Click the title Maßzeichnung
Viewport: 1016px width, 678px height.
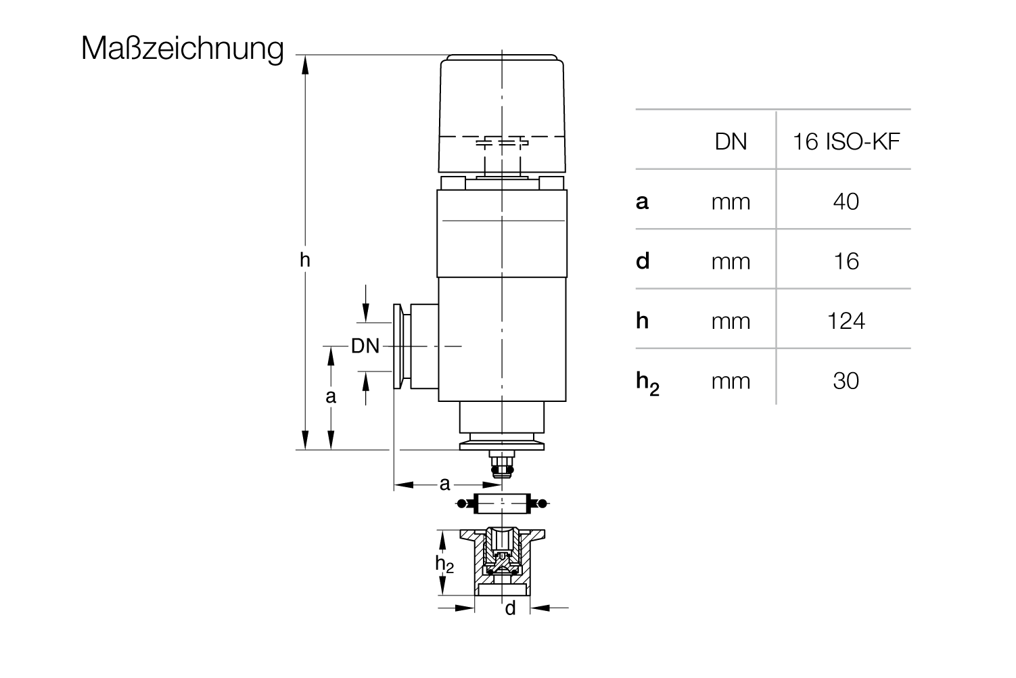coord(183,49)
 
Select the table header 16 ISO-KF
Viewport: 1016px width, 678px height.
coord(846,141)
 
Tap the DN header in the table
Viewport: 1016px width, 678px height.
coord(731,141)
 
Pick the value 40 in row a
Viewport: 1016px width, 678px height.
coord(846,202)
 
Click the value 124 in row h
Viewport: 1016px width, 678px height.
coord(846,321)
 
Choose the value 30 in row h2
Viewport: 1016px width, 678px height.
coord(846,381)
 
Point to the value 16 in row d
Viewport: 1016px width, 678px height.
coord(846,261)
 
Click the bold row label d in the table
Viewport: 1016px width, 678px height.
coord(642,261)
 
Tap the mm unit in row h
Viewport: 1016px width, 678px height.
coord(731,322)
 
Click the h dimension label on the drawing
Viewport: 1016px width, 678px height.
coord(305,260)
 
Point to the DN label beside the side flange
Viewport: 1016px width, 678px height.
coord(365,346)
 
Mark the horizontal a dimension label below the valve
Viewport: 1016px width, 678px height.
coord(444,484)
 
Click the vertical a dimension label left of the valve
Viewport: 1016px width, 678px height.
coord(331,397)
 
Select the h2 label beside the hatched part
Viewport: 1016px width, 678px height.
coord(444,564)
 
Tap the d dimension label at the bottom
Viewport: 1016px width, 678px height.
coord(510,608)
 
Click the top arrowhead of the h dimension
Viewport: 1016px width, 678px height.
coord(305,64)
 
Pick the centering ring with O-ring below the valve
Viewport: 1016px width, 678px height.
coord(502,503)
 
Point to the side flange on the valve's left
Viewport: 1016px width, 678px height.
coord(402,346)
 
